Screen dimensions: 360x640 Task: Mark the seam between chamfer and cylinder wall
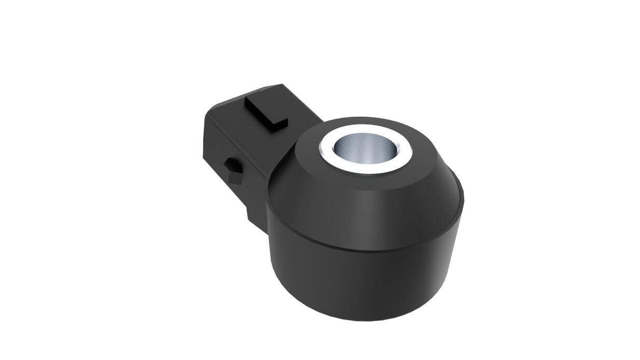363,248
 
